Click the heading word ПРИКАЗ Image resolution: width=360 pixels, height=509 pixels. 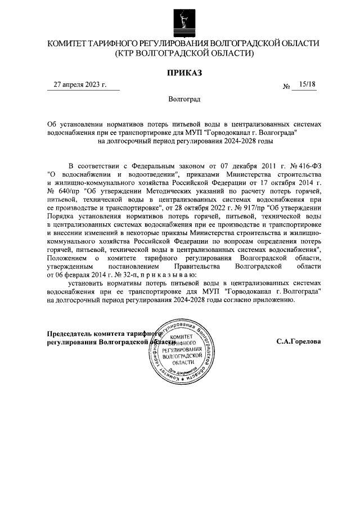pos(183,73)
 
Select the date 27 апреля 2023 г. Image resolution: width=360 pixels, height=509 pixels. pos(79,85)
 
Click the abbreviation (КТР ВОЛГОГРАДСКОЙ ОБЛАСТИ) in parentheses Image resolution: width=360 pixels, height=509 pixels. pos(183,53)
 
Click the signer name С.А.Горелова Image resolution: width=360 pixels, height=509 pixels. pos(299,341)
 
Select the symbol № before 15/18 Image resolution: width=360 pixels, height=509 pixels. pos(287,86)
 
